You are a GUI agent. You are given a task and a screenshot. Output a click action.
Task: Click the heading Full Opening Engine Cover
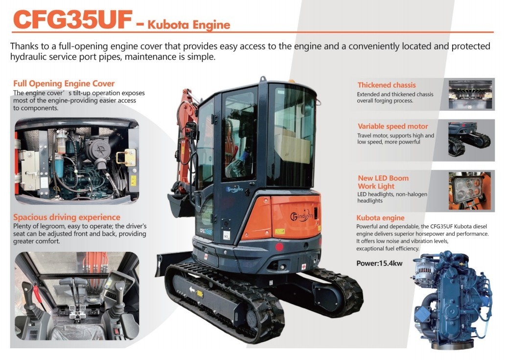pyautogui.click(x=64, y=83)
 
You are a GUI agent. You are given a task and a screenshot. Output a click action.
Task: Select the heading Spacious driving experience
pyautogui.click(x=67, y=217)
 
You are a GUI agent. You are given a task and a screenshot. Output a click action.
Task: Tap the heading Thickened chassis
pyautogui.click(x=387, y=85)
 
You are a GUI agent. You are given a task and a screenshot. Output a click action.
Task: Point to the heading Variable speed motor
pyautogui.click(x=392, y=126)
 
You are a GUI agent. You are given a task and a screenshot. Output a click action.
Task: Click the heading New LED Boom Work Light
pyautogui.click(x=383, y=182)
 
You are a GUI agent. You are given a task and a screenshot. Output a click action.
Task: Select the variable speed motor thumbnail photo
pyautogui.click(x=471, y=140)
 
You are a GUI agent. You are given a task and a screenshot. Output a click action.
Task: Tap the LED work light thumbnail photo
pyautogui.click(x=471, y=191)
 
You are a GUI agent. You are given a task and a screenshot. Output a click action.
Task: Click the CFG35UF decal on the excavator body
pyautogui.click(x=206, y=230)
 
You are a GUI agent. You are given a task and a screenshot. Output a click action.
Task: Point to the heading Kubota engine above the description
pyautogui.click(x=380, y=218)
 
